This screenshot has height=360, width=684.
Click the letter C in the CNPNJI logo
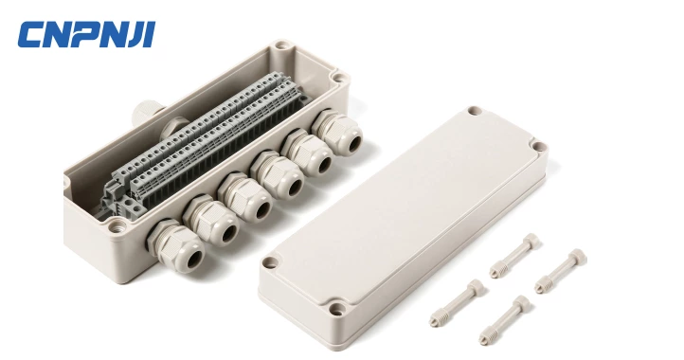pos(31,36)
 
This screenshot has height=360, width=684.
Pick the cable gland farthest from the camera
pos(328,129)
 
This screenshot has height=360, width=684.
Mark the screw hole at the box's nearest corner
pos(116,227)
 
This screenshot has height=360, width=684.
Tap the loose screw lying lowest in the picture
pos(504,320)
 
